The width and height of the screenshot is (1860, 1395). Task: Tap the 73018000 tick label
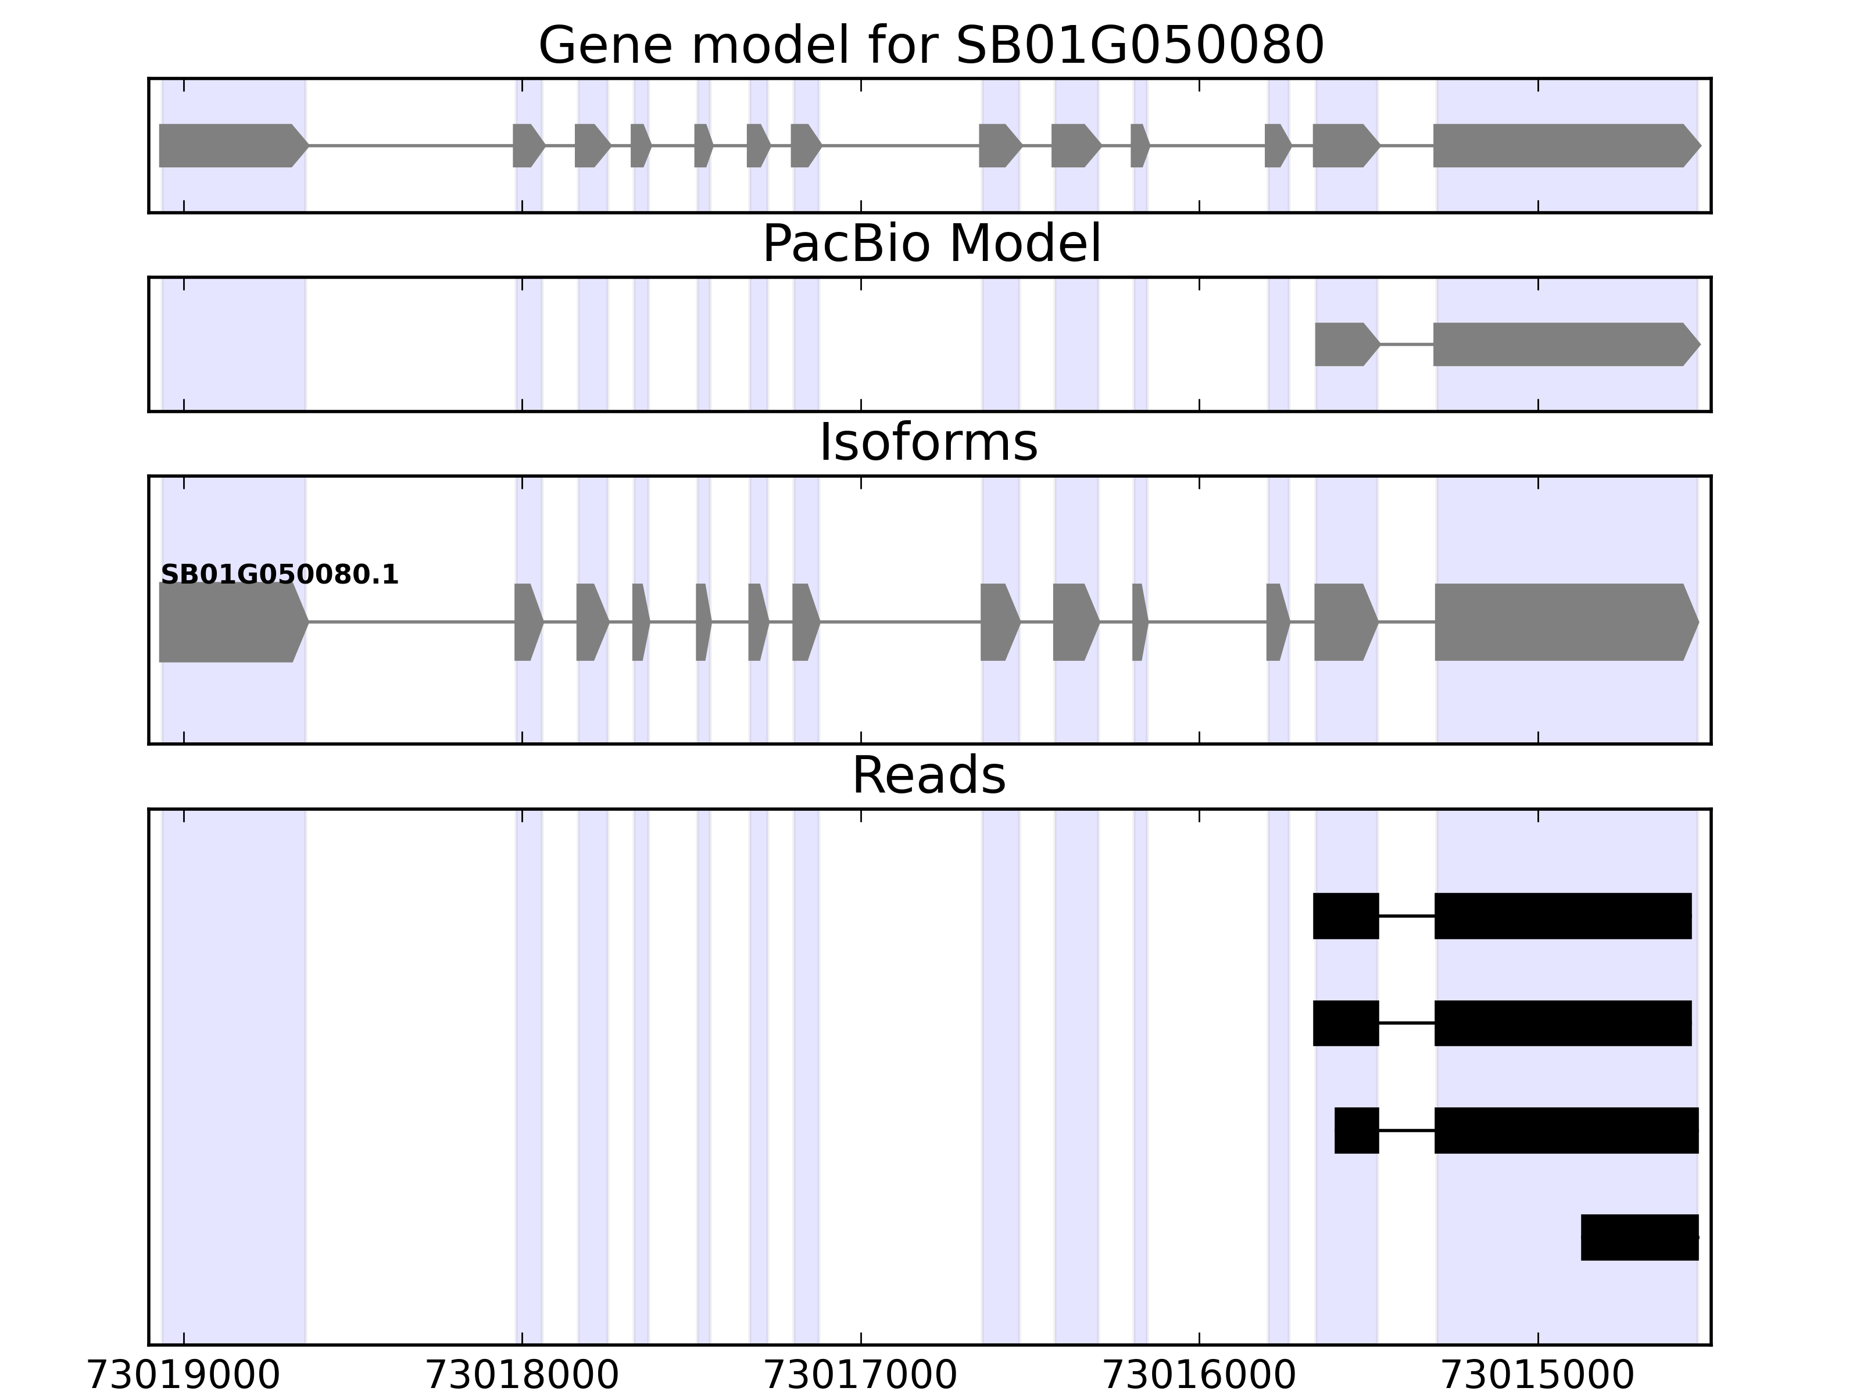click(522, 1375)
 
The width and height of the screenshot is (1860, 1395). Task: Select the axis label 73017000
click(860, 1375)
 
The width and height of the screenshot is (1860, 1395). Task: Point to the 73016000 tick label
click(1199, 1375)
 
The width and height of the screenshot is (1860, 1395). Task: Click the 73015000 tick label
click(1538, 1375)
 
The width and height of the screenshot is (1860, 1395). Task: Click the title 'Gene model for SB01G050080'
click(930, 45)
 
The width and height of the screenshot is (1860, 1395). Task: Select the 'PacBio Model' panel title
click(930, 244)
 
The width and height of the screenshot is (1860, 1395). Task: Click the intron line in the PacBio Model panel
click(1407, 344)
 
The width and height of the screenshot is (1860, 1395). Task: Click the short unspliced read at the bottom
click(1639, 1237)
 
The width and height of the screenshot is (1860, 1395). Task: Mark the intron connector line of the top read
click(1407, 915)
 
